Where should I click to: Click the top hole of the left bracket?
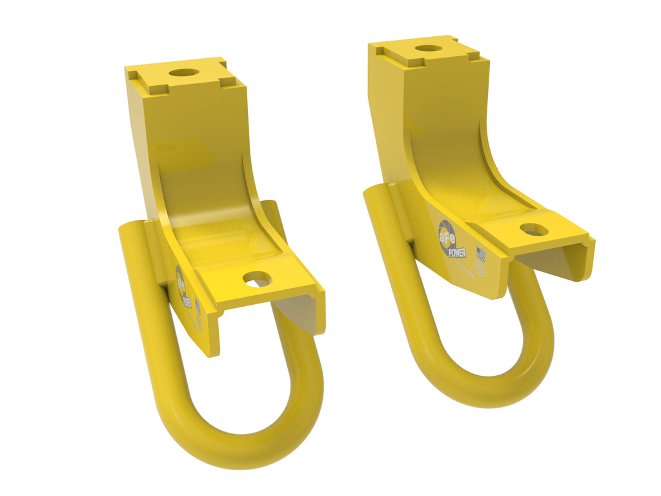tap(185, 72)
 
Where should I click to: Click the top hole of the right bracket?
tap(428, 48)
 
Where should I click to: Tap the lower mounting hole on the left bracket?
tap(257, 278)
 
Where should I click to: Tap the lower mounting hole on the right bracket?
tap(534, 229)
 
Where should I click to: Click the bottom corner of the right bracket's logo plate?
tap(494, 297)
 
